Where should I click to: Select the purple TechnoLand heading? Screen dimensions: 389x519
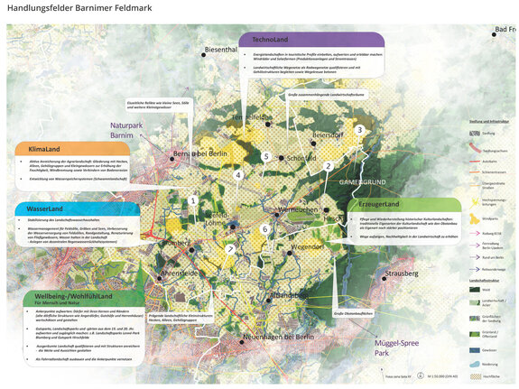click(x=270, y=41)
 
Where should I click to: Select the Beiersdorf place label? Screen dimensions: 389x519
click(x=329, y=134)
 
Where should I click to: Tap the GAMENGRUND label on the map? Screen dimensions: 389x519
click(x=366, y=182)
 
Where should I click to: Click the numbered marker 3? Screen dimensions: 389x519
click(x=359, y=130)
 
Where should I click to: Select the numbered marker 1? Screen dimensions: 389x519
click(x=192, y=200)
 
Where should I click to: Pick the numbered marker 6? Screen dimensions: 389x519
click(x=264, y=230)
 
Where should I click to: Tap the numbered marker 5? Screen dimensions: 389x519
click(x=266, y=156)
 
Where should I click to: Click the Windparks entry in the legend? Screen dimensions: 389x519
click(x=491, y=219)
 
